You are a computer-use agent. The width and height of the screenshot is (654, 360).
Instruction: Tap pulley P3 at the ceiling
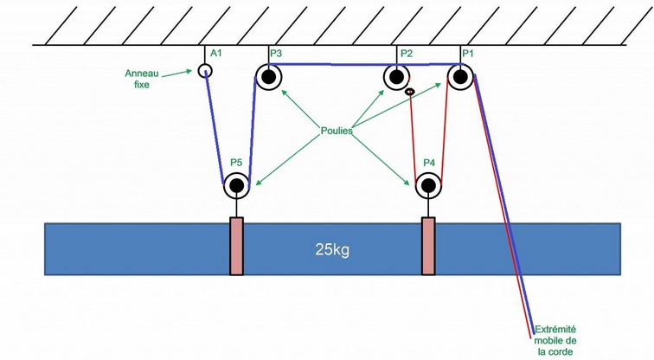268,77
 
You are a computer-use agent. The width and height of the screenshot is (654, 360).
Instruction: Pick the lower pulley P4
428,184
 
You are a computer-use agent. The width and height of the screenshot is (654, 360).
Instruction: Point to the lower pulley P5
236,183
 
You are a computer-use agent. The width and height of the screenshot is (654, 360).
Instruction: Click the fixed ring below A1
205,71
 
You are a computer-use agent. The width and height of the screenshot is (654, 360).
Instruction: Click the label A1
216,54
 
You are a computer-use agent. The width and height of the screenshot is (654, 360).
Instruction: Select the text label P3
275,54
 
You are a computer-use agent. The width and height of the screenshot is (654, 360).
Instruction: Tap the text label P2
406,54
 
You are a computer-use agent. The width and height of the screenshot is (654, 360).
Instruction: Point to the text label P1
468,54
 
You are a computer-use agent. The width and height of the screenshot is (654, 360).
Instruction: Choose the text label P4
430,162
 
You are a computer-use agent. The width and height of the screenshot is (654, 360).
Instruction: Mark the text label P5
236,162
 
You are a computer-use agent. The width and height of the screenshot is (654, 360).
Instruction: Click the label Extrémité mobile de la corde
555,340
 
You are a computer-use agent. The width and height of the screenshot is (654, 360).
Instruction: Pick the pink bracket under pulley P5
236,246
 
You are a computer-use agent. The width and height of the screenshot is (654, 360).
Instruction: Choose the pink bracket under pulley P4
428,246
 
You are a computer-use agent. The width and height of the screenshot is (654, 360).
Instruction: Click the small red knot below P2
410,91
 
